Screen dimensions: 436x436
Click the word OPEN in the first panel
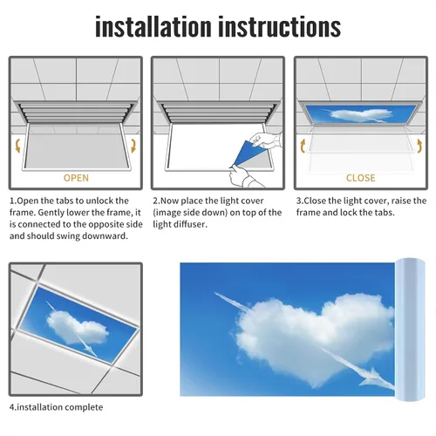tap(76, 178)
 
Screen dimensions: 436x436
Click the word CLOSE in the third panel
tap(361, 178)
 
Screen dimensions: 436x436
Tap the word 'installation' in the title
tap(153, 27)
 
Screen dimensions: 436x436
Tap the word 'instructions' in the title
tap(279, 27)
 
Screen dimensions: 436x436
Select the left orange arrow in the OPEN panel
tap(18, 146)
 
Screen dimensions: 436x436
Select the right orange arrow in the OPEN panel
tap(133, 146)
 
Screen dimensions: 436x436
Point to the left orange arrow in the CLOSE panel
tap(303, 146)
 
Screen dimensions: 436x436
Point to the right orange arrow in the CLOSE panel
tap(419, 146)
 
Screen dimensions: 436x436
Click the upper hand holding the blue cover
tap(265, 141)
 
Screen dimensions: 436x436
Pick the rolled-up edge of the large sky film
tap(410, 329)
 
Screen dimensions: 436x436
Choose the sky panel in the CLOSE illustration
tap(360, 114)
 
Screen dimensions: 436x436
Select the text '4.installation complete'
tap(56, 407)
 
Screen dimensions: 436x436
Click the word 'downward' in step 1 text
tap(105, 235)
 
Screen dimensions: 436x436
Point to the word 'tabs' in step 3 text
tap(385, 213)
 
